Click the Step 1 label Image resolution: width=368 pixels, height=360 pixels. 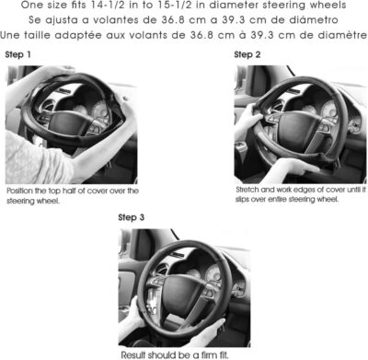click(x=17, y=54)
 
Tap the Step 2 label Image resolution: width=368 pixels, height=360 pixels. click(x=247, y=54)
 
